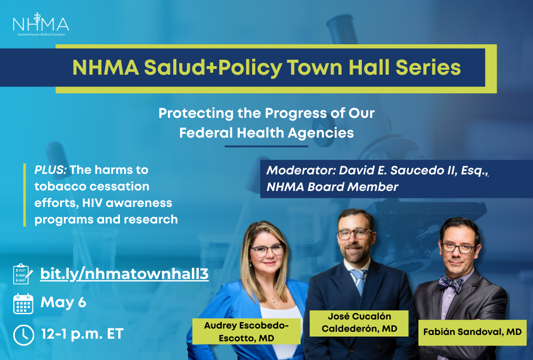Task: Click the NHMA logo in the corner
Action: click(41, 25)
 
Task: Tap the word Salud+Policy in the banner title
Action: click(213, 67)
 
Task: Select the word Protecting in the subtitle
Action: click(196, 113)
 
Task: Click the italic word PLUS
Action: click(50, 170)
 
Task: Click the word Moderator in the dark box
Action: click(301, 170)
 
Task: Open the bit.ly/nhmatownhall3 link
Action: click(124, 274)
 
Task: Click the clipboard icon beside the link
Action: click(23, 274)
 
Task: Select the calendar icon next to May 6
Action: click(23, 303)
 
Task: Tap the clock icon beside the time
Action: click(23, 335)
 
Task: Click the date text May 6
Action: click(63, 302)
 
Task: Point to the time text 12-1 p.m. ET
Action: click(82, 334)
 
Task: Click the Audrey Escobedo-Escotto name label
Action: click(246, 331)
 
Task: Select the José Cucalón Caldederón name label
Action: click(359, 323)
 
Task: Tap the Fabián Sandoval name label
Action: click(472, 332)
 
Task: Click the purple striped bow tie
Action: click(450, 283)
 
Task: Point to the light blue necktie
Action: click(359, 281)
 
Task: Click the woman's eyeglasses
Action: click(267, 251)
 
